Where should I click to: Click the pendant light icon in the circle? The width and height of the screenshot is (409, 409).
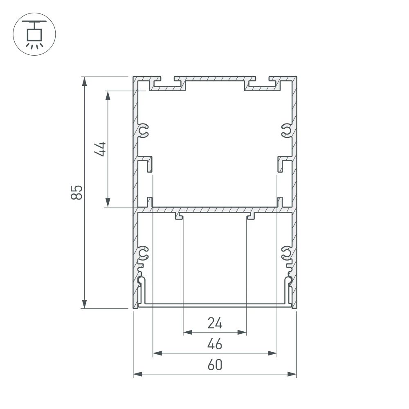pos(34,35)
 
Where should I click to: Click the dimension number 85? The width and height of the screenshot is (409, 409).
pos(77,192)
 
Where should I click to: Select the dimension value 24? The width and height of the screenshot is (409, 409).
pos(214,324)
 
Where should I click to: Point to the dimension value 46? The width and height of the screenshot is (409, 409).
pos(214,345)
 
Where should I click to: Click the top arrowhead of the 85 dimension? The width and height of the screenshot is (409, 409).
pos(85,81)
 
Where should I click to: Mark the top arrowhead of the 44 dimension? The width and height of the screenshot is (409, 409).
pos(108,95)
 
